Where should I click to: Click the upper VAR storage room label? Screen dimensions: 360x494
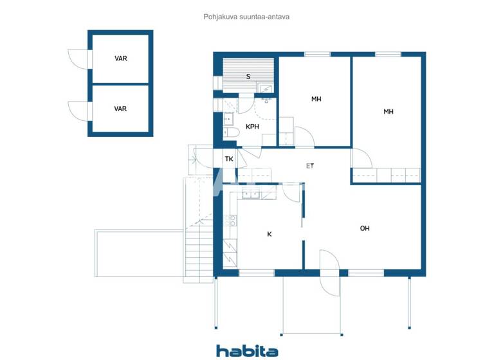[120, 59]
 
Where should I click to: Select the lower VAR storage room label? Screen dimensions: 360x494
[120, 109]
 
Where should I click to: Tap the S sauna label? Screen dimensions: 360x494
[248, 76]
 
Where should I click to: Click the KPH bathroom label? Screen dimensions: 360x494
[252, 127]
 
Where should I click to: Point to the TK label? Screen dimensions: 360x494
[229, 159]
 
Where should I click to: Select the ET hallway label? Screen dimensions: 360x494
[310, 166]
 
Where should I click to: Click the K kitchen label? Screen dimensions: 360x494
[270, 234]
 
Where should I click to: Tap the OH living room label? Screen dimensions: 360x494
[365, 228]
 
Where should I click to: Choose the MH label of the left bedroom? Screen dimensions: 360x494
[316, 99]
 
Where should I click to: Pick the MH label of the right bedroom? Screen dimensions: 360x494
[389, 112]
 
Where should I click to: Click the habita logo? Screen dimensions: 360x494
[247, 350]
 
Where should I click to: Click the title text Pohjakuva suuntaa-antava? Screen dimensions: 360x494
[247, 17]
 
